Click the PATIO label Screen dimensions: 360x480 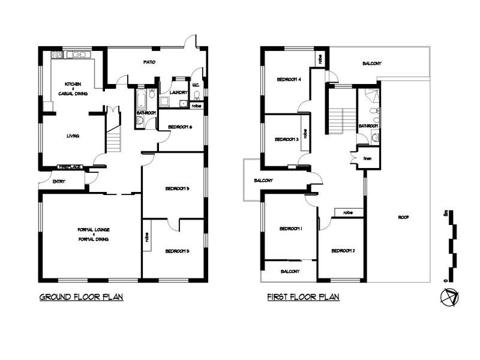click(x=149, y=62)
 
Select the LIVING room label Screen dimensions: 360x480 click(x=73, y=136)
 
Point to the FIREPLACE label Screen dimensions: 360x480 click(x=70, y=167)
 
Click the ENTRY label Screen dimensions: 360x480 click(x=59, y=181)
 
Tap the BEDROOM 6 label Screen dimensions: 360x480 click(x=180, y=127)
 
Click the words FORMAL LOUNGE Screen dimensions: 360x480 click(x=92, y=230)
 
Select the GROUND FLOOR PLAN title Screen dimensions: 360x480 click(x=81, y=297)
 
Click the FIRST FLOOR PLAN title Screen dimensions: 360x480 click(x=303, y=297)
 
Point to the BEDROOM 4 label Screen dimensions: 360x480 click(x=289, y=79)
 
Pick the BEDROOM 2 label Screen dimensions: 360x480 click(x=343, y=250)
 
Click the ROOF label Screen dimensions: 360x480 click(x=403, y=217)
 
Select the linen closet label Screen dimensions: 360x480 click(x=368, y=158)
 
